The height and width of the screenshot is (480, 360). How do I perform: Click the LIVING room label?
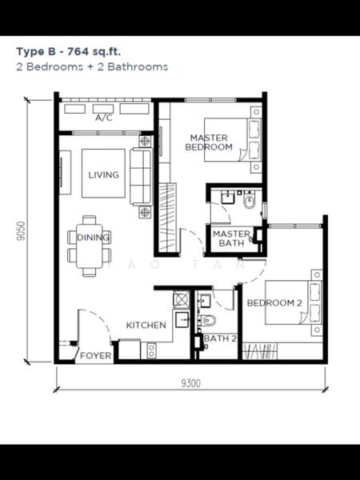click(x=103, y=174)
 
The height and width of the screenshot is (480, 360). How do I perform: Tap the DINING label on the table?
click(x=93, y=238)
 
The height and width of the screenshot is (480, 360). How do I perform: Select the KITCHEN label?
click(x=146, y=325)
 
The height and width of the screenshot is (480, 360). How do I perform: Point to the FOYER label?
click(x=95, y=355)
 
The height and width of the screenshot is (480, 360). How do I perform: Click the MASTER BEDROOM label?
click(x=209, y=142)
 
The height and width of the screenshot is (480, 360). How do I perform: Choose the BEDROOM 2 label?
click(x=274, y=303)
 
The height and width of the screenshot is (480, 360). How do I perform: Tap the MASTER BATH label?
click(x=231, y=238)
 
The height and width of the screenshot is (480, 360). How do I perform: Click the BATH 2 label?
click(x=221, y=338)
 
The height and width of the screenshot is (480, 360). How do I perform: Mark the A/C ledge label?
click(x=104, y=118)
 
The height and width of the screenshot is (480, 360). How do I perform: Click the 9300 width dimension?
click(x=190, y=383)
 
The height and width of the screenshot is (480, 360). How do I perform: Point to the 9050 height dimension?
click(x=21, y=230)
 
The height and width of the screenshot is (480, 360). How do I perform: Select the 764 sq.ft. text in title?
click(x=94, y=51)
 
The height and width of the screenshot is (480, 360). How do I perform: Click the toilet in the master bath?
click(x=249, y=201)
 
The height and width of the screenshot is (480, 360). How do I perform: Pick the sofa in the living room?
click(x=141, y=177)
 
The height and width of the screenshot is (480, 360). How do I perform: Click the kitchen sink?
click(x=182, y=320)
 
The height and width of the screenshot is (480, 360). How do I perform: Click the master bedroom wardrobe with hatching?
click(x=167, y=218)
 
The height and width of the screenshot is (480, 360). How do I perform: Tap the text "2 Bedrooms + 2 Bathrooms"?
click(x=92, y=66)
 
